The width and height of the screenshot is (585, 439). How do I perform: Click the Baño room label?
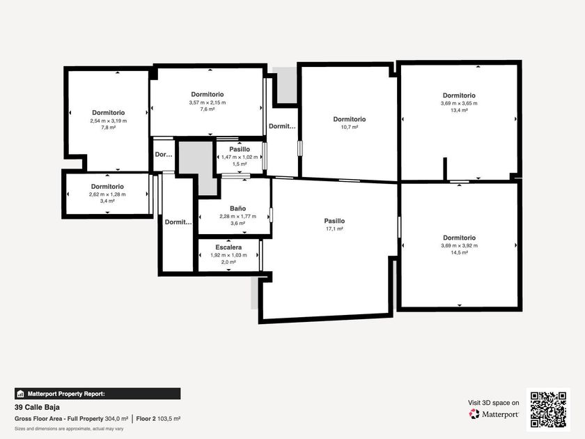point(237,208)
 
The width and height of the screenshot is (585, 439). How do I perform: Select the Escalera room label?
point(228,247)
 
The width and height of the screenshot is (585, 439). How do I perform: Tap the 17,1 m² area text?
point(334,229)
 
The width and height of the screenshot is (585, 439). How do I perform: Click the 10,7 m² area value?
point(349,128)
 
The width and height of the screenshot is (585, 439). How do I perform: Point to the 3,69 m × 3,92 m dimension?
point(459,245)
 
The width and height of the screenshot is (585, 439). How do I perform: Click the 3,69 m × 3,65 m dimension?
point(459,103)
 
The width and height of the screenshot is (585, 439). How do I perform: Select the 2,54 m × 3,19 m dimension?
point(108,121)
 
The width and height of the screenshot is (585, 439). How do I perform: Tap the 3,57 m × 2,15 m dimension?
point(208,102)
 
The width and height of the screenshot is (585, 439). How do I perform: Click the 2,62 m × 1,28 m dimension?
point(107,194)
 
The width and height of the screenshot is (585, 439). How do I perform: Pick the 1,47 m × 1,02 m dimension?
point(240,157)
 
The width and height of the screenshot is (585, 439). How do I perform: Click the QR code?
point(548,410)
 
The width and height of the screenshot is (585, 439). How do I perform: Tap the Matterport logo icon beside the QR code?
point(474,414)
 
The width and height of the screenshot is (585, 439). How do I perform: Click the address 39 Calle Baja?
point(37,407)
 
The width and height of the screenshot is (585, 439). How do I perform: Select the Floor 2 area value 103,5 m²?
point(169,419)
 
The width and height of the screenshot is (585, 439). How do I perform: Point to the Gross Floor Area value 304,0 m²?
point(116,419)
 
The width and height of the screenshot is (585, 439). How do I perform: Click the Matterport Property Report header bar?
point(97,394)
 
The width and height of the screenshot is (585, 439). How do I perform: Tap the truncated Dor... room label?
point(164,154)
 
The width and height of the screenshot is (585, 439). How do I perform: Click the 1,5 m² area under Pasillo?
point(240,164)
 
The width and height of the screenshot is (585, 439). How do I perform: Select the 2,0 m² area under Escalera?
point(228,262)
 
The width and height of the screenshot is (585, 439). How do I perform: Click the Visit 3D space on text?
point(493,403)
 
